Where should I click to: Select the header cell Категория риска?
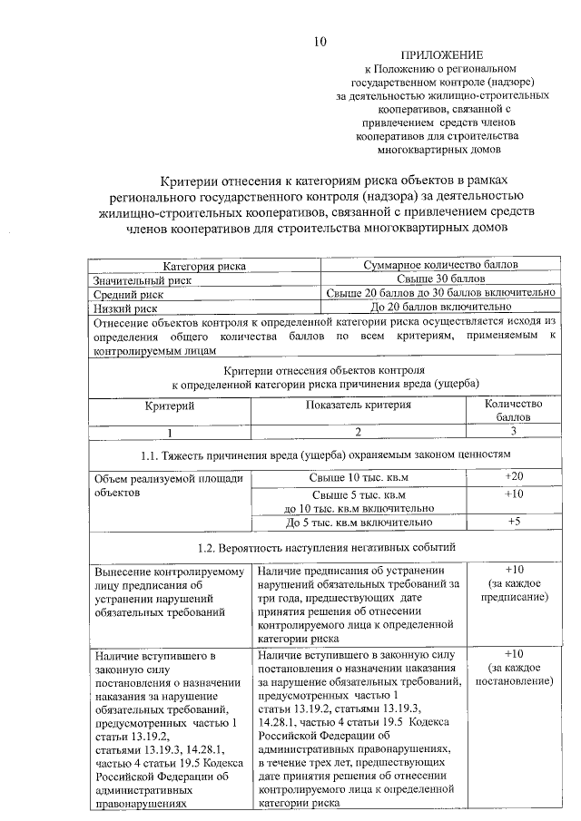point(204,267)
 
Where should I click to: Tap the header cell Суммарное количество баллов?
point(440,267)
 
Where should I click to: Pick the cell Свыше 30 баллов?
point(440,280)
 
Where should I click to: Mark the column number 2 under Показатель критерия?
point(358,432)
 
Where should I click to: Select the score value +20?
point(514,476)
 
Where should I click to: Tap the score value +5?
point(514,522)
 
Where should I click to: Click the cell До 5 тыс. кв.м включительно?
point(359,523)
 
